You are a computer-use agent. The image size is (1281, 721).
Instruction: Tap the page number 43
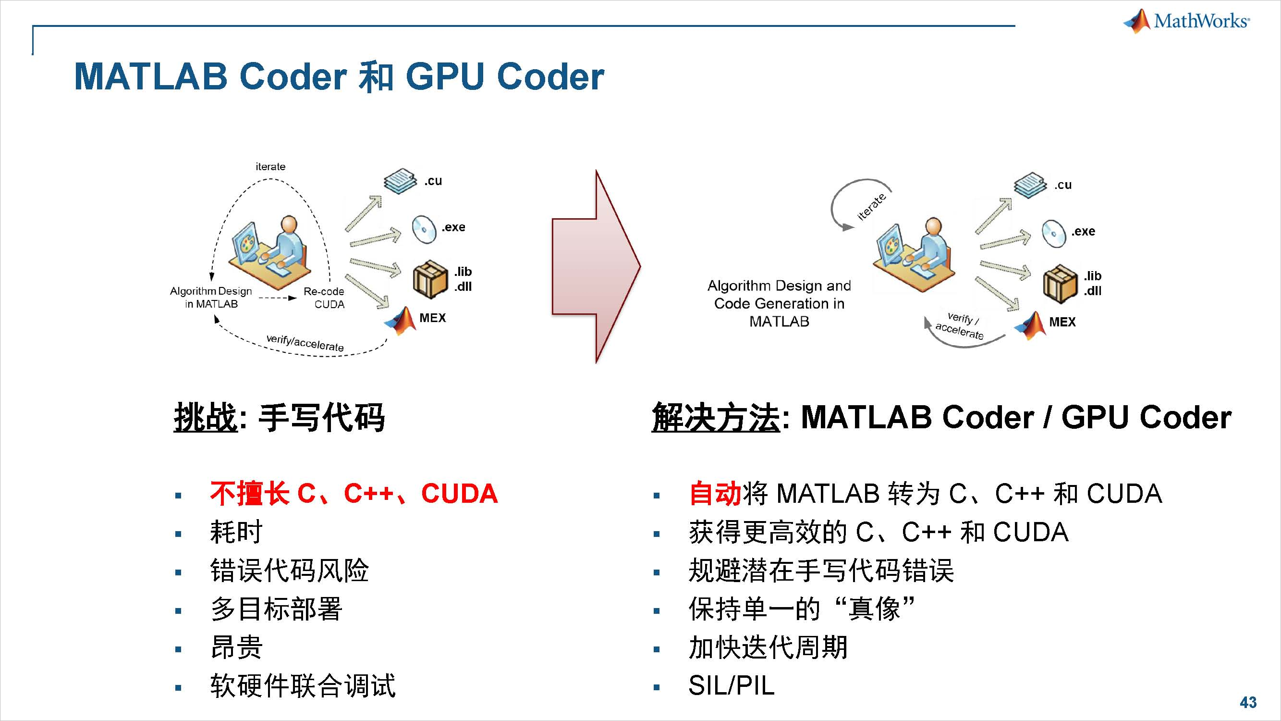coord(1248,702)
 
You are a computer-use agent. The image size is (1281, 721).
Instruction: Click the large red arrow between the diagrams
coord(596,267)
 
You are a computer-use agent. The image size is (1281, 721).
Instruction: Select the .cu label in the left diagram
coord(433,181)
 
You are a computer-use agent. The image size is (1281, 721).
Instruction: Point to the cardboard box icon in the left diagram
coord(430,280)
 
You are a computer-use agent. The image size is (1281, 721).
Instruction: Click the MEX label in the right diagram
coord(1062,322)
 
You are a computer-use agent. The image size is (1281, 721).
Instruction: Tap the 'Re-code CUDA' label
coord(324,298)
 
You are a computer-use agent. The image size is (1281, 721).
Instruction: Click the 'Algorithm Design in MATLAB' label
coord(211,297)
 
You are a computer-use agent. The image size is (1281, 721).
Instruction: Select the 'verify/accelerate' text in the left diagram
coord(305,343)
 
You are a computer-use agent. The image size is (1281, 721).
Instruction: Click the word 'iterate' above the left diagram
coord(270,167)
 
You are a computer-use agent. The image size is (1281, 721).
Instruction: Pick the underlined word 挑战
coord(206,417)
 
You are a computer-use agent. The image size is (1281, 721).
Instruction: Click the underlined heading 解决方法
coord(715,417)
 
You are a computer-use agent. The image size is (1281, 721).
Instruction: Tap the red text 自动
coord(715,494)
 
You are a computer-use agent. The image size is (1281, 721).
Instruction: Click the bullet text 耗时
coord(236,532)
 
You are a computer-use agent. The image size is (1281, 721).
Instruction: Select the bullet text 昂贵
coord(236,647)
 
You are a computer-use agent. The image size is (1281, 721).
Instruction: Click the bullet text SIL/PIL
coord(732,686)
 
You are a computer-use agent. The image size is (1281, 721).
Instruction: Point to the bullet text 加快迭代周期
coord(768,647)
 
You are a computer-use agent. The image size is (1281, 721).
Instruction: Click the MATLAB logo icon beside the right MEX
coord(1030,325)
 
